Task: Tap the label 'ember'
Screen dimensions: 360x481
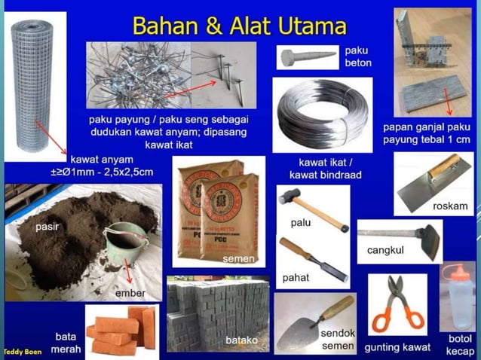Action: (130, 293)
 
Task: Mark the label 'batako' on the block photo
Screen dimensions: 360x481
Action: (241, 340)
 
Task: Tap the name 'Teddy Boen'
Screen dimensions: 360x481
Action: (23, 352)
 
